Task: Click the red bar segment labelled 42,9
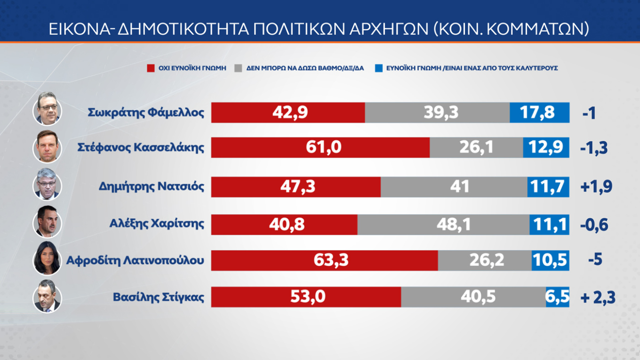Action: (x=288, y=112)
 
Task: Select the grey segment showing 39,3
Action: (x=437, y=112)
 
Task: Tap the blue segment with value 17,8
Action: (x=539, y=112)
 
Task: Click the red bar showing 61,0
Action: (x=320, y=148)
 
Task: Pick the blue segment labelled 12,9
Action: (x=546, y=148)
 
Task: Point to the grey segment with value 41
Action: (x=454, y=187)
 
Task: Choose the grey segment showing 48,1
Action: (x=443, y=224)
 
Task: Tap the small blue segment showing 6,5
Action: (x=558, y=297)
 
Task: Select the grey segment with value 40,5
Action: (x=473, y=297)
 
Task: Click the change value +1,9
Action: (x=596, y=187)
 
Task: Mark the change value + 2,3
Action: (x=598, y=297)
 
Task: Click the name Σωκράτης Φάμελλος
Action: (x=146, y=113)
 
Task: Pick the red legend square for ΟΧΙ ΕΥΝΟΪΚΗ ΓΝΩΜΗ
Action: (x=151, y=68)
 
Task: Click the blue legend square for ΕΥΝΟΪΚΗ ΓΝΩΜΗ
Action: (x=378, y=68)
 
